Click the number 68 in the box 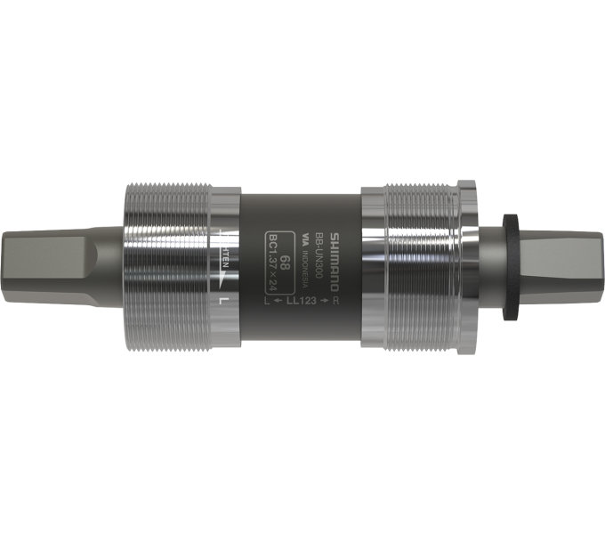284,262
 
